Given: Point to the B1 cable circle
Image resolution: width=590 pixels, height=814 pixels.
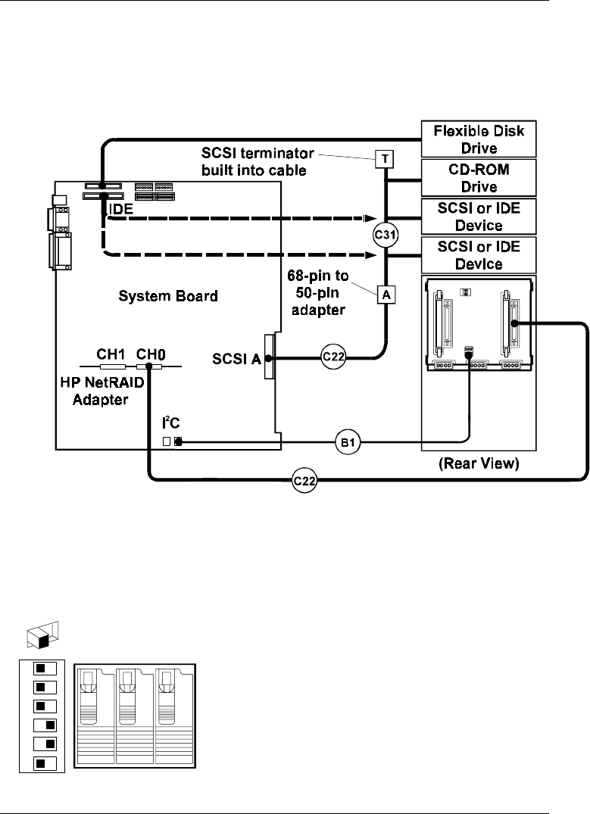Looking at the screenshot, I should (348, 443).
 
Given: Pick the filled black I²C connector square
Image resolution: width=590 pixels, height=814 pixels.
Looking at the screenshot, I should (179, 442).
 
